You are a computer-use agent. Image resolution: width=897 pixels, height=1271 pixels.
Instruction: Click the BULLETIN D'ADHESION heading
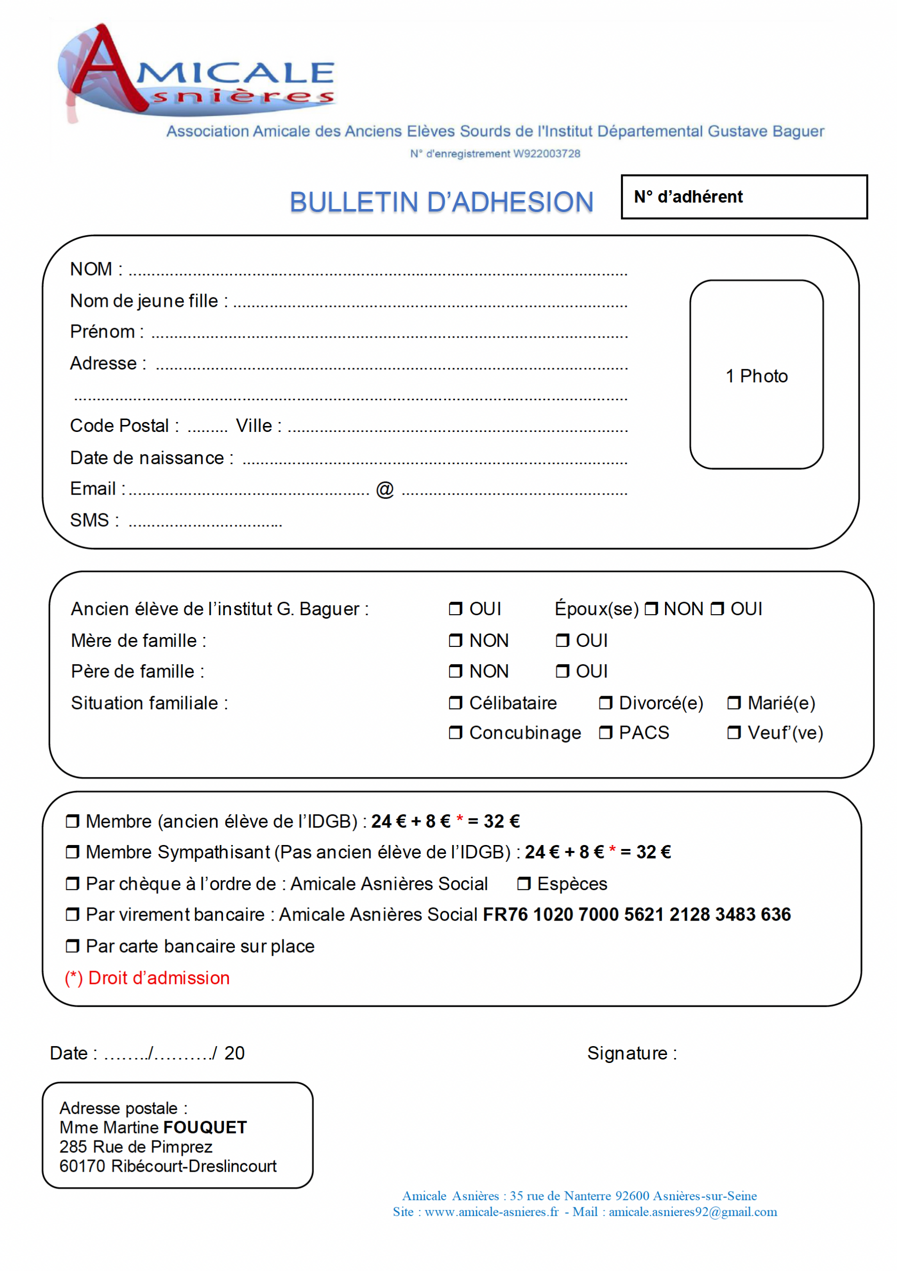coord(442,202)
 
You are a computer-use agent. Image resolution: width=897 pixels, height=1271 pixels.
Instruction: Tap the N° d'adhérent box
coord(744,197)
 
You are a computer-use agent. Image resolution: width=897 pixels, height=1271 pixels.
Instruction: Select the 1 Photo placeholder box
coord(756,375)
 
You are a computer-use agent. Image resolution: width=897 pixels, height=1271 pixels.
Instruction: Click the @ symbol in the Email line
coord(385,490)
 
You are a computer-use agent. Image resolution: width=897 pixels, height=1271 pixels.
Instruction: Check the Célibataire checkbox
coord(455,703)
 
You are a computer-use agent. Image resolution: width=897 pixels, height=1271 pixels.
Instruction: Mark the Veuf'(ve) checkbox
coord(734,733)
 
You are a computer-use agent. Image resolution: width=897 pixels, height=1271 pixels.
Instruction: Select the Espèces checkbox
coord(523,884)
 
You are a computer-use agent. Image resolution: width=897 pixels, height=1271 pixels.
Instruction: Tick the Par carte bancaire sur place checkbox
coord(73,946)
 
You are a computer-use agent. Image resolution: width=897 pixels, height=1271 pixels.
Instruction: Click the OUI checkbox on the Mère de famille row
coord(562,640)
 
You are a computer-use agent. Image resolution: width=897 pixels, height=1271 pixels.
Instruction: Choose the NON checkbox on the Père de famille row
coord(455,671)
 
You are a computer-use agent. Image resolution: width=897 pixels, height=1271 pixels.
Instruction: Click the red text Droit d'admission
coord(159,978)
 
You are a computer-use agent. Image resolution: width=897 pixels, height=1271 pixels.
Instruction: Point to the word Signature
coord(627,1053)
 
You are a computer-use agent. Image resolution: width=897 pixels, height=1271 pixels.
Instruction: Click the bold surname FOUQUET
coord(205,1128)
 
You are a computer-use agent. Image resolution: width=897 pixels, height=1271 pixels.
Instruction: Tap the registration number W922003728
coord(546,154)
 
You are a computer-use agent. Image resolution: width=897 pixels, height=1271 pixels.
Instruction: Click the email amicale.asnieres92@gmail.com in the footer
coord(693,1212)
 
